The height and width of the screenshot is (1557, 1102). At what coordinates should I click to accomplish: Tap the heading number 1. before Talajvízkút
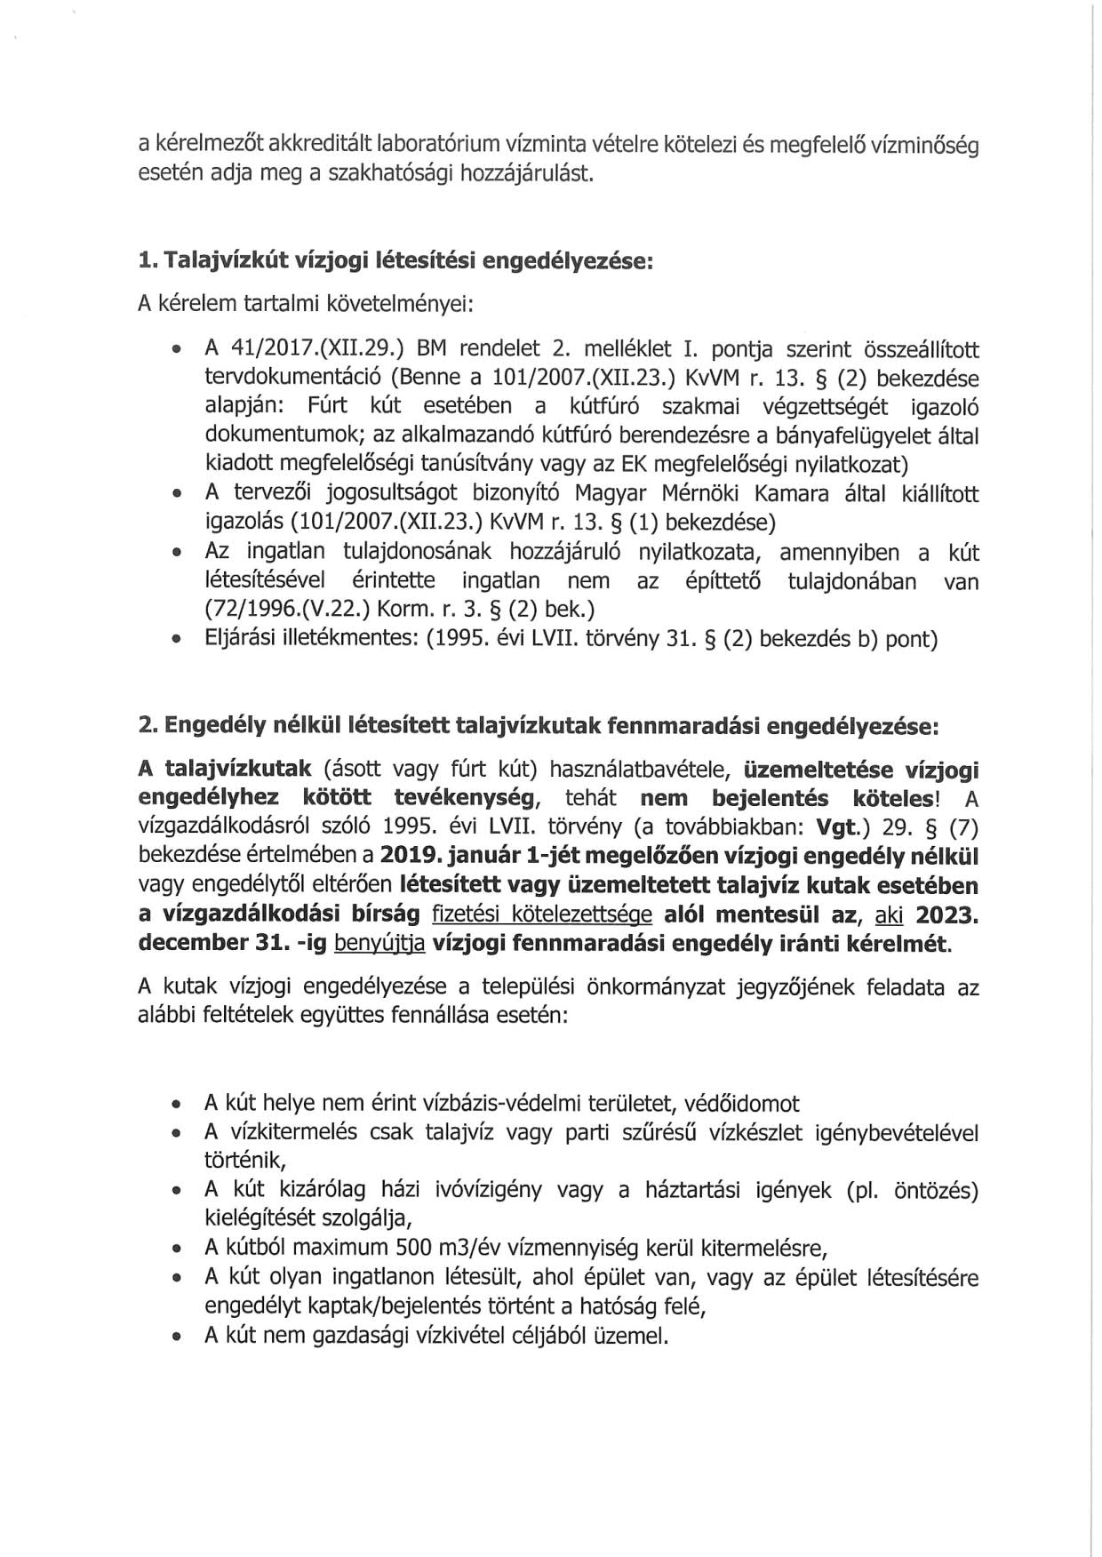[x=148, y=260]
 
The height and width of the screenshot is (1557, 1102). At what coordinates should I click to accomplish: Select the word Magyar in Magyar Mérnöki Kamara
[x=614, y=493]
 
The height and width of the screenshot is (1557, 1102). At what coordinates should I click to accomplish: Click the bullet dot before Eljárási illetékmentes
[x=179, y=640]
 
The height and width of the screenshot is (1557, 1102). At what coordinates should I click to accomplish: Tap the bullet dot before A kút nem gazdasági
[x=179, y=1336]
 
